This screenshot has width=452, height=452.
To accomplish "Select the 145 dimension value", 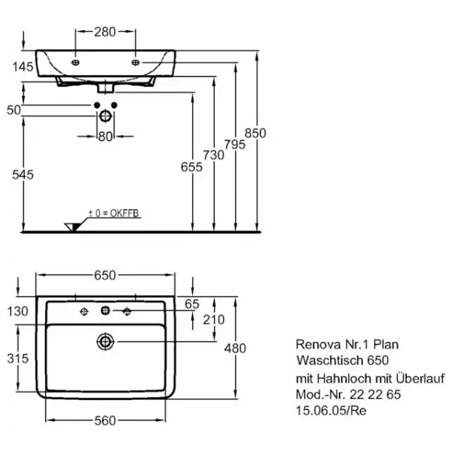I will pyautogui.click(x=23, y=68).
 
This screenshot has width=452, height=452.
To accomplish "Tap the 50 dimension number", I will pyautogui.click(x=13, y=111).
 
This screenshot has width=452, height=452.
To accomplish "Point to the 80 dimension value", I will pyautogui.click(x=105, y=136).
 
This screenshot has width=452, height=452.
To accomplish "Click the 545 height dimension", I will pyautogui.click(x=23, y=175).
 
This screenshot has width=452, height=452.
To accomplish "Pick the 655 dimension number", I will pyautogui.click(x=192, y=168).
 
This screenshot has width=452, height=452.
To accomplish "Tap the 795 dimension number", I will pyautogui.click(x=235, y=143).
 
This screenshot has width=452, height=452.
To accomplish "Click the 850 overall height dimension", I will pyautogui.click(x=257, y=133).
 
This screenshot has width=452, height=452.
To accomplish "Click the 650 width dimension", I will pyautogui.click(x=105, y=276).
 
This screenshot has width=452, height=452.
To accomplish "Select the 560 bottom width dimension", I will pyautogui.click(x=105, y=422).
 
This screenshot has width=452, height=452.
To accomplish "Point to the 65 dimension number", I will pyautogui.click(x=191, y=304).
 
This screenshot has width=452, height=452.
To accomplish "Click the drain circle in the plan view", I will pyautogui.click(x=104, y=342).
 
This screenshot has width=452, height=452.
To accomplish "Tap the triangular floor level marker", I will pyautogui.click(x=74, y=225).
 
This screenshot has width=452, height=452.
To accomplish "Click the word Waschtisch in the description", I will pyautogui.click(x=325, y=361).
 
